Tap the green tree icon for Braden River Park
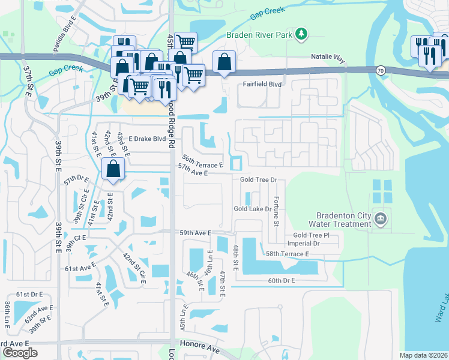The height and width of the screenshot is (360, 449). [303, 34]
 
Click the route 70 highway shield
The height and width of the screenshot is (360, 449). [381, 70]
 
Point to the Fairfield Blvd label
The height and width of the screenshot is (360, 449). [262, 85]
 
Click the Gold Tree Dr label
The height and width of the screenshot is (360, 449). [258, 179]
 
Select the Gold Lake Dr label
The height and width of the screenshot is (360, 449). [253, 209]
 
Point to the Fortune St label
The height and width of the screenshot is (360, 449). [276, 211]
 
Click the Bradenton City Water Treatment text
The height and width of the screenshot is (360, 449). [344, 220]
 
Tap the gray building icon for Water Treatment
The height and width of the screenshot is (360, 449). [380, 219]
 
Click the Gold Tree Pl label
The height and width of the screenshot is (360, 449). [312, 236]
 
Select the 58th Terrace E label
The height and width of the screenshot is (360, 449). [288, 254]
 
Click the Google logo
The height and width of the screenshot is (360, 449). [20, 353]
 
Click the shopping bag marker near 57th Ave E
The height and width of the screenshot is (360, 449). [113, 170]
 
